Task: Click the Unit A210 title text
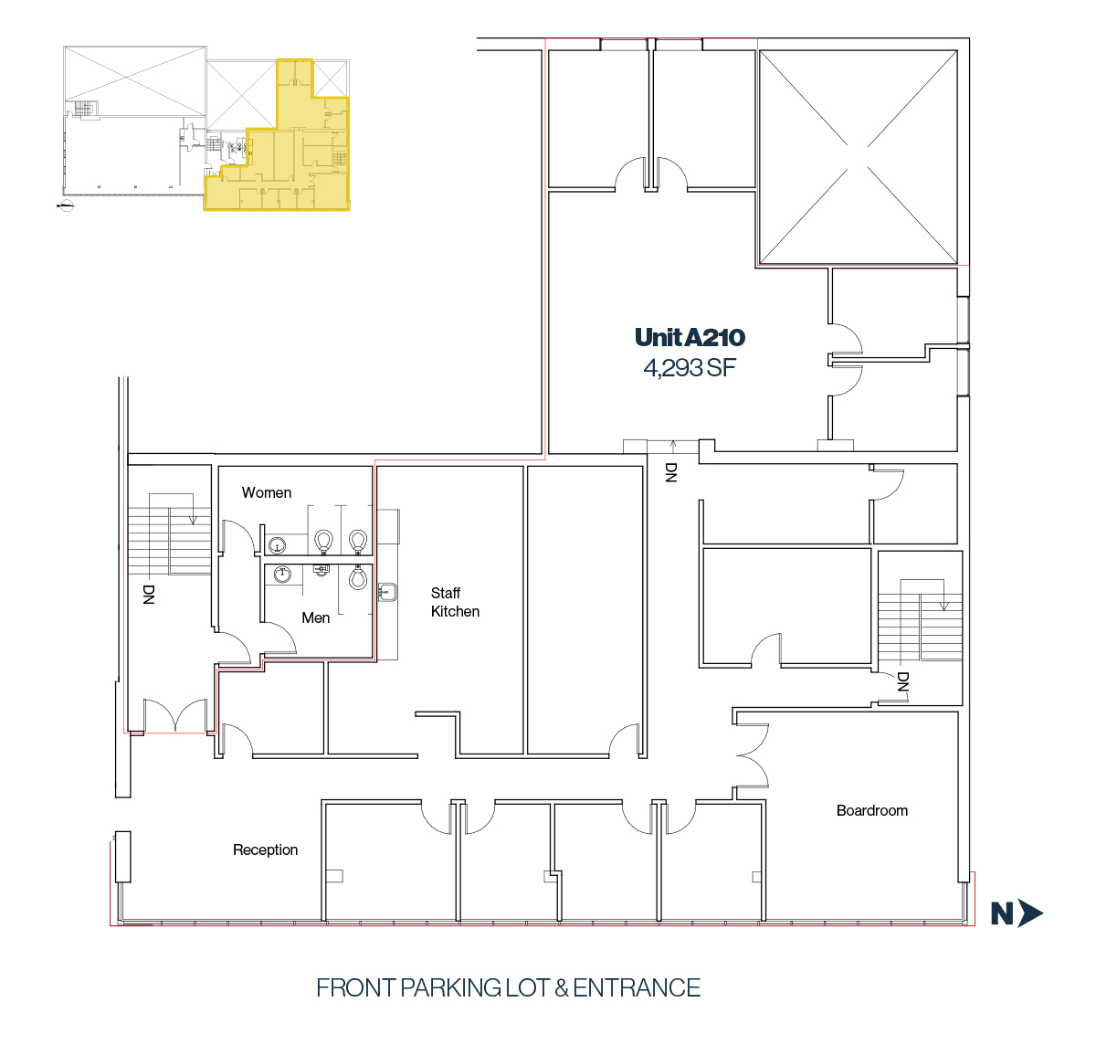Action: [x=690, y=337]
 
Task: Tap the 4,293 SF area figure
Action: [x=690, y=368]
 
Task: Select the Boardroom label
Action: [x=871, y=810]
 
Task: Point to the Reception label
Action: [x=265, y=850]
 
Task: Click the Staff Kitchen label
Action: [x=455, y=602]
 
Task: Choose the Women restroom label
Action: [x=267, y=493]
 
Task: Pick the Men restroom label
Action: [x=315, y=617]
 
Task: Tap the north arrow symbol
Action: [x=1017, y=913]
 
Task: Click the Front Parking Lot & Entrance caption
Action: [x=508, y=988]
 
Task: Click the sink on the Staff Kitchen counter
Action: [x=387, y=592]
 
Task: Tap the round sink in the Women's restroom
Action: [x=277, y=545]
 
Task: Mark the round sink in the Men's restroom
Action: [x=282, y=574]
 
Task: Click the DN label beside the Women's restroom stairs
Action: [x=148, y=595]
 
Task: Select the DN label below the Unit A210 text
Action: [x=670, y=472]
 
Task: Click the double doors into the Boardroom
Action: [x=753, y=755]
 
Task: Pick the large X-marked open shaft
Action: [x=859, y=157]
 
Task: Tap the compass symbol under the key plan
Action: [x=66, y=206]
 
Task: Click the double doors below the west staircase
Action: [x=175, y=715]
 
